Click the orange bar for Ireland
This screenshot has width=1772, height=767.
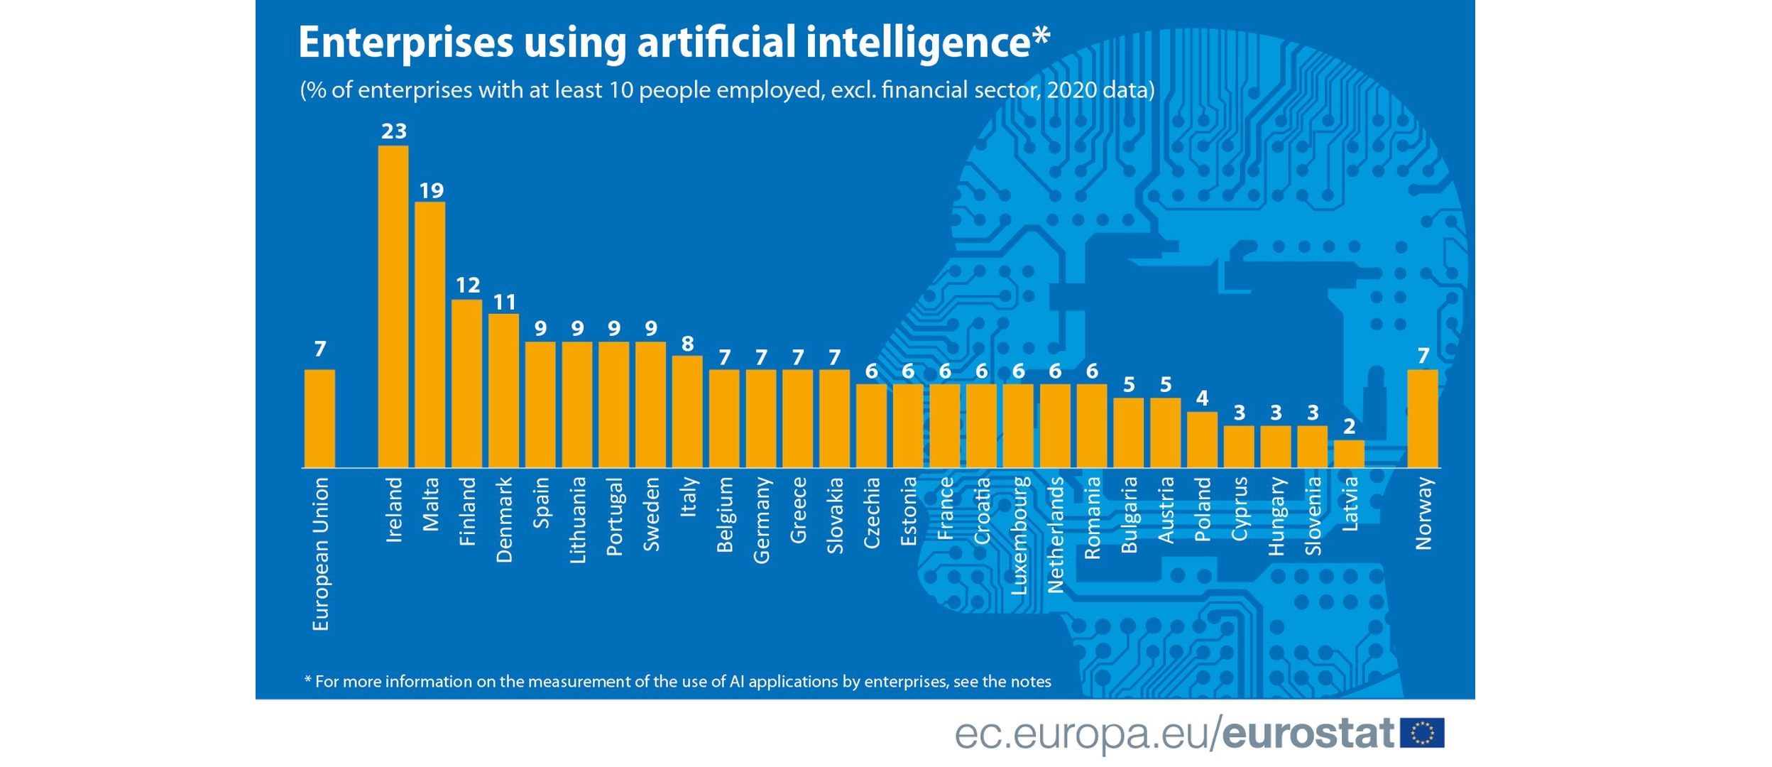(393, 307)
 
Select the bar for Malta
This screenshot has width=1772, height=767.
(430, 334)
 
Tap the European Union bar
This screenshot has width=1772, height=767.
(319, 418)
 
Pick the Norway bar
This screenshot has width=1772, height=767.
(1422, 418)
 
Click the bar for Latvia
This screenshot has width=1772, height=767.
(1348, 454)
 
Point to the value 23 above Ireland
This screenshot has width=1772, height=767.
(394, 131)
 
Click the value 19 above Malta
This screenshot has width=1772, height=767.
(431, 190)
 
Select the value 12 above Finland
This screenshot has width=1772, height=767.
(468, 285)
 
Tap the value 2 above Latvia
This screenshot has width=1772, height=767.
(1349, 426)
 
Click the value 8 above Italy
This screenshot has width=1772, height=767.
(687, 344)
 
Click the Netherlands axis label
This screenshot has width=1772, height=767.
(1056, 535)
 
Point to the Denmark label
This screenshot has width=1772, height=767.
(504, 520)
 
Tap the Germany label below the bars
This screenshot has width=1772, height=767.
(761, 520)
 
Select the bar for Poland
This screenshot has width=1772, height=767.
(1202, 440)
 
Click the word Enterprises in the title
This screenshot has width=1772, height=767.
(405, 43)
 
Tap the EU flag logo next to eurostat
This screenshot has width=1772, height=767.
(1422, 733)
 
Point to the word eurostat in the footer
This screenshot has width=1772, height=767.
(1308, 733)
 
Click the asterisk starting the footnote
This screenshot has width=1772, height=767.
(307, 680)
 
